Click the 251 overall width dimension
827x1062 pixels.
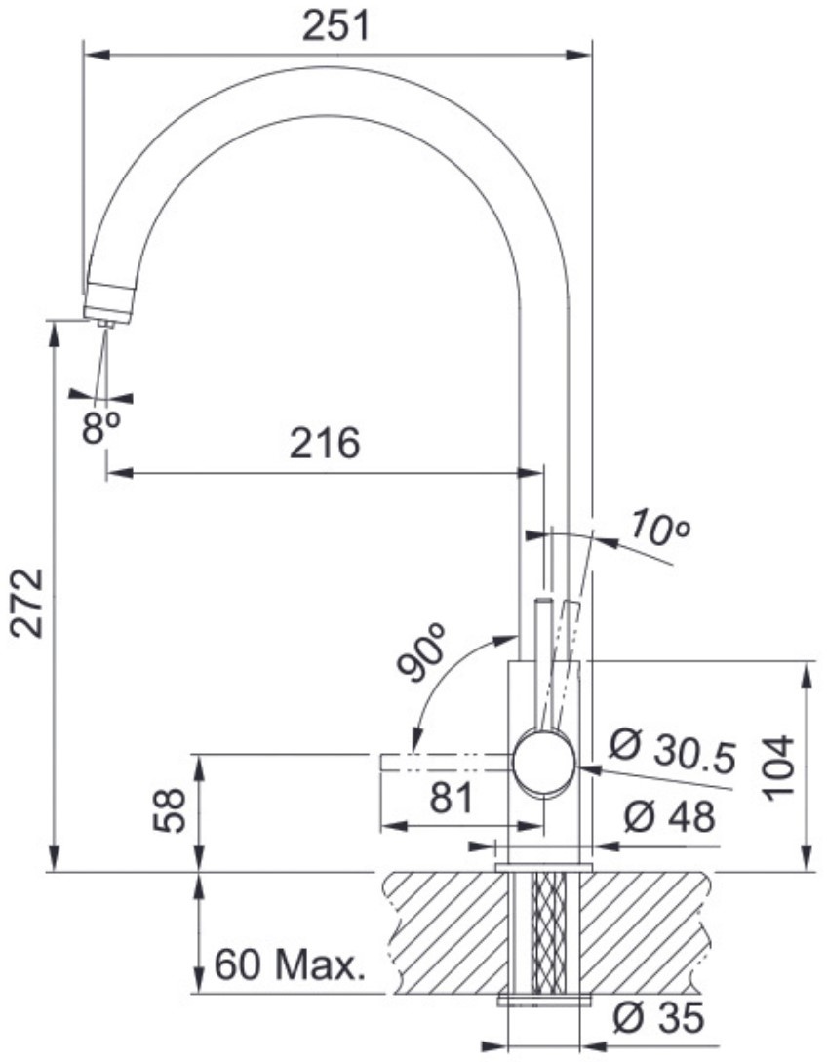pyautogui.click(x=336, y=26)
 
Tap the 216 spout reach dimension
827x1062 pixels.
pyautogui.click(x=325, y=444)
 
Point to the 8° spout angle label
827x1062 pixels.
pyautogui.click(x=100, y=427)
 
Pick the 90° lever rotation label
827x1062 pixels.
pyautogui.click(x=422, y=650)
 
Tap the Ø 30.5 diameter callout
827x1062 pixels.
pyautogui.click(x=673, y=751)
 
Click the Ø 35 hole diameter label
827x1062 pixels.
pyautogui.click(x=658, y=1017)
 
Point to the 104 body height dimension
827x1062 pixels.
pyautogui.click(x=777, y=767)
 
